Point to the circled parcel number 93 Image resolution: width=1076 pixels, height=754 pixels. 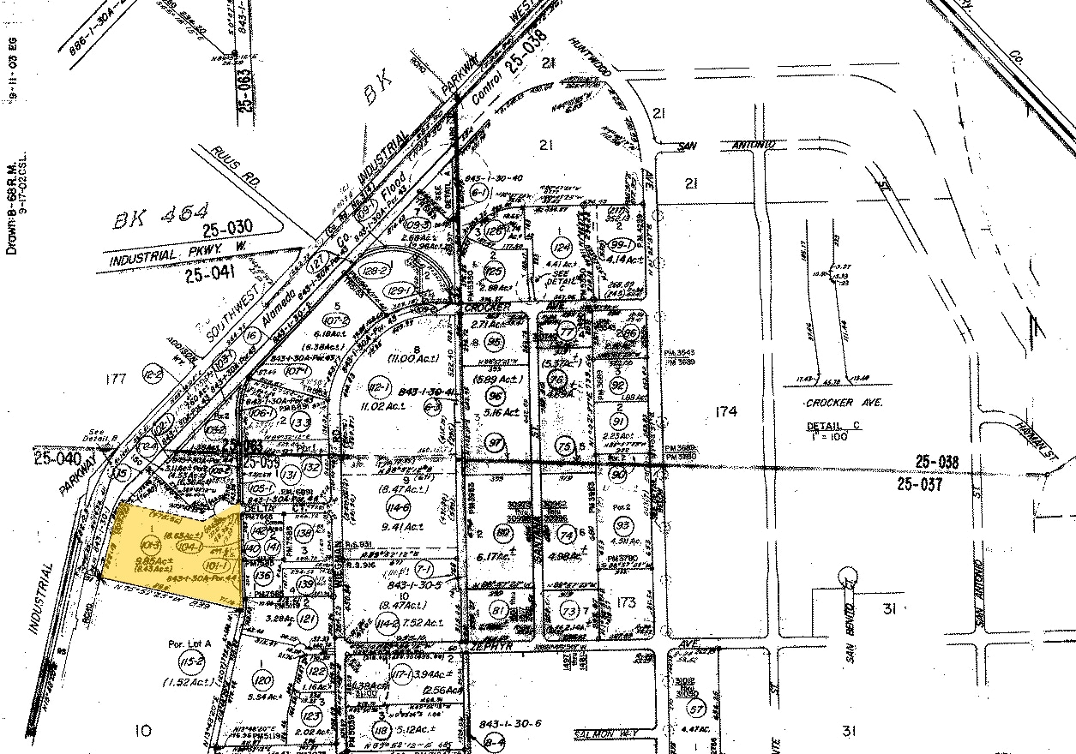(623, 524)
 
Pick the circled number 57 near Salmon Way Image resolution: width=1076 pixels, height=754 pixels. (696, 709)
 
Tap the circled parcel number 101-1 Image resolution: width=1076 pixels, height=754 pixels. (214, 566)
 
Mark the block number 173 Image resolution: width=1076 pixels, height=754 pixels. (626, 603)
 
